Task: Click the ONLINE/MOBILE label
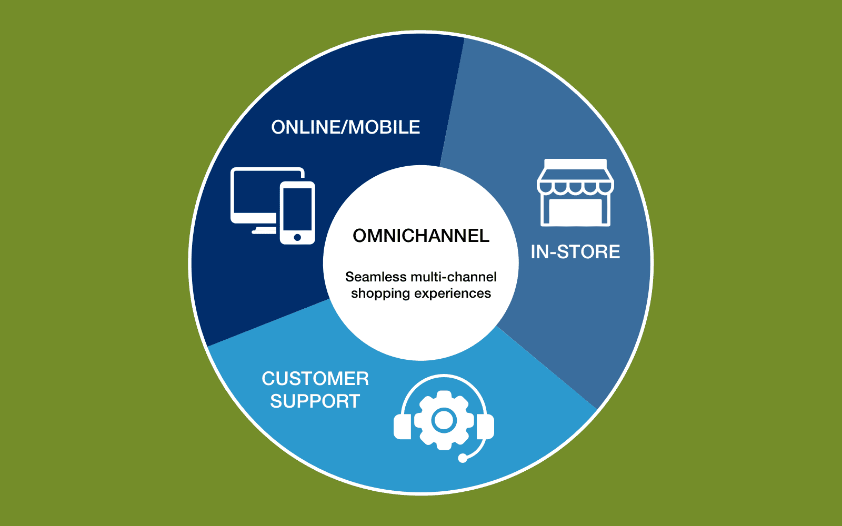coord(345,127)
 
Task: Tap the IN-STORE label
coord(575,252)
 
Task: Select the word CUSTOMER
coord(315,378)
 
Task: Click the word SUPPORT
coord(315,401)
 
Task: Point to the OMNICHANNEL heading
coord(421,236)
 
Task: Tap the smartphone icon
coord(297,213)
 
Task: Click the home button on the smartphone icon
coord(297,237)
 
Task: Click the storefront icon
coord(575,193)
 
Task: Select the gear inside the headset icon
coord(444,420)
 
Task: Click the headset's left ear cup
coord(403,427)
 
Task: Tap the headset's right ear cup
coord(485,427)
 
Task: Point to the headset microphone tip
coord(463,458)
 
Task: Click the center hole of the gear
coord(444,420)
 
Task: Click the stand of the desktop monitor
coord(264,230)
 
